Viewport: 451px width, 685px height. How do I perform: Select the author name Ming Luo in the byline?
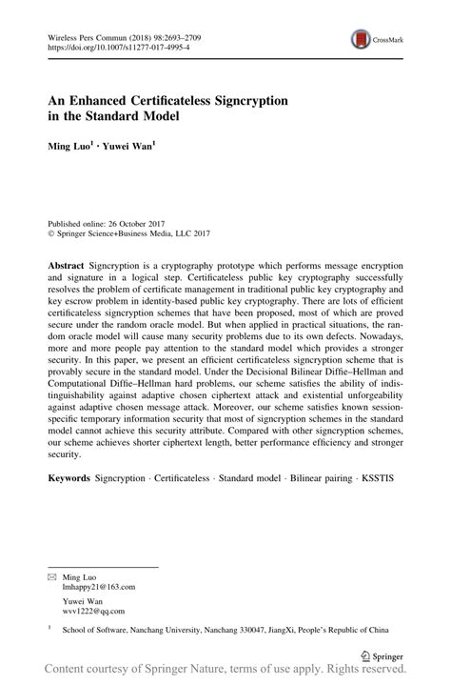pos(70,146)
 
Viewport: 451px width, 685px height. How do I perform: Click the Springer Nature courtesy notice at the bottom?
pos(225,674)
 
